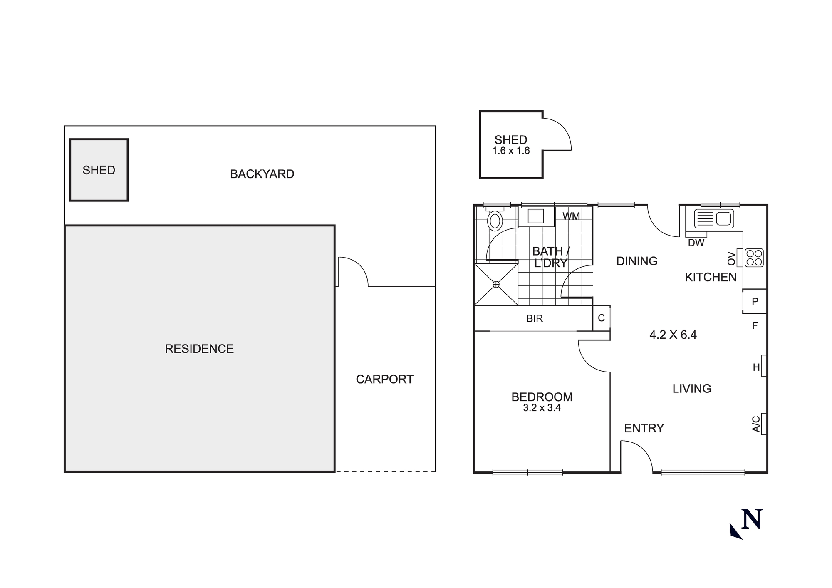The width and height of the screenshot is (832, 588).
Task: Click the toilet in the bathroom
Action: click(495, 221)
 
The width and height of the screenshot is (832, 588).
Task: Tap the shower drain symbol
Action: click(496, 284)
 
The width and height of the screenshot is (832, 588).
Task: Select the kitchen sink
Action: click(713, 218)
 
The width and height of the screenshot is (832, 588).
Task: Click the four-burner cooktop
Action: click(754, 258)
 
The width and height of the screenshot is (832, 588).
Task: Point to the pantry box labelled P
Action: click(755, 301)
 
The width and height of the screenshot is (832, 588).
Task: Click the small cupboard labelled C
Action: click(601, 318)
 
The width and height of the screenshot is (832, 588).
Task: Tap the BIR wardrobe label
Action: click(535, 319)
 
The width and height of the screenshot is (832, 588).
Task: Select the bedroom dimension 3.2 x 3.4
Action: click(542, 408)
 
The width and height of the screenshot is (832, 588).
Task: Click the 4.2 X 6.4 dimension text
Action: click(673, 335)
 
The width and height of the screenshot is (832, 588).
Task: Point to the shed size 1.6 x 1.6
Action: click(511, 151)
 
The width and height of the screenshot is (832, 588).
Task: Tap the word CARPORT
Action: click(384, 380)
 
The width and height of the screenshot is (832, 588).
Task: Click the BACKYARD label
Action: click(262, 174)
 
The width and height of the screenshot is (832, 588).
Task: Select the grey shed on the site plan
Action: click(99, 170)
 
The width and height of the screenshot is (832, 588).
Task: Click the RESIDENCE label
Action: click(199, 349)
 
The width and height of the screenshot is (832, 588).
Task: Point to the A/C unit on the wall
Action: click(764, 424)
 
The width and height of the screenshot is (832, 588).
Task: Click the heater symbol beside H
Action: click(764, 366)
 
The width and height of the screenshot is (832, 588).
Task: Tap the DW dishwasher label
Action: click(696, 243)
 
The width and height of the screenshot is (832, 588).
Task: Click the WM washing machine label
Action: click(571, 216)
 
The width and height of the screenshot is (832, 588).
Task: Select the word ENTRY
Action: click(644, 428)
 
